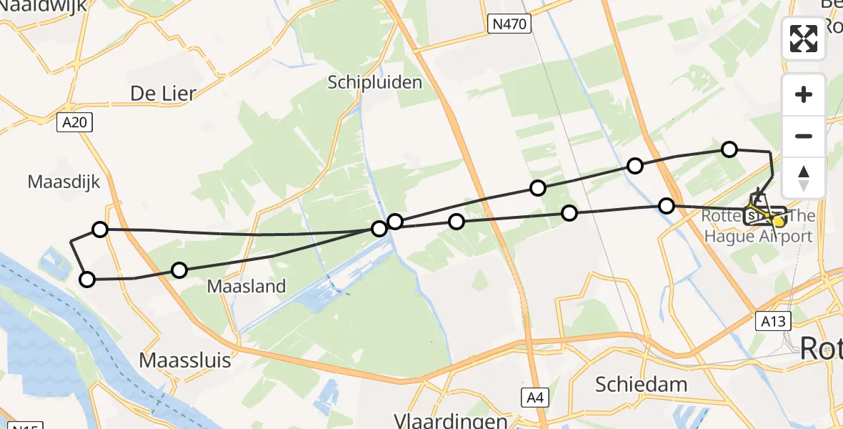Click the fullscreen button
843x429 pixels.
click(804, 39)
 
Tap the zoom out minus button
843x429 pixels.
click(804, 136)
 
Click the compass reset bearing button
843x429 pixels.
click(804, 177)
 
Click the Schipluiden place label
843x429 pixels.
click(374, 82)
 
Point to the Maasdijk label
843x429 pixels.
click(64, 182)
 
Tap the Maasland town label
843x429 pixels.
click(246, 287)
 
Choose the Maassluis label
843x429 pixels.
click(185, 360)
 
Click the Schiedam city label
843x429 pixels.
click(641, 384)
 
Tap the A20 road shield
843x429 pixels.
click(74, 122)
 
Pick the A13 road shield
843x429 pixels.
click(772, 321)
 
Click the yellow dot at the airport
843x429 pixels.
click(779, 222)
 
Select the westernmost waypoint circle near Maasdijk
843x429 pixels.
click(86, 280)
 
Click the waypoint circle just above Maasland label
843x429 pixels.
click(179, 270)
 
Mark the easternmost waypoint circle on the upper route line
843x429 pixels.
click(729, 149)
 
